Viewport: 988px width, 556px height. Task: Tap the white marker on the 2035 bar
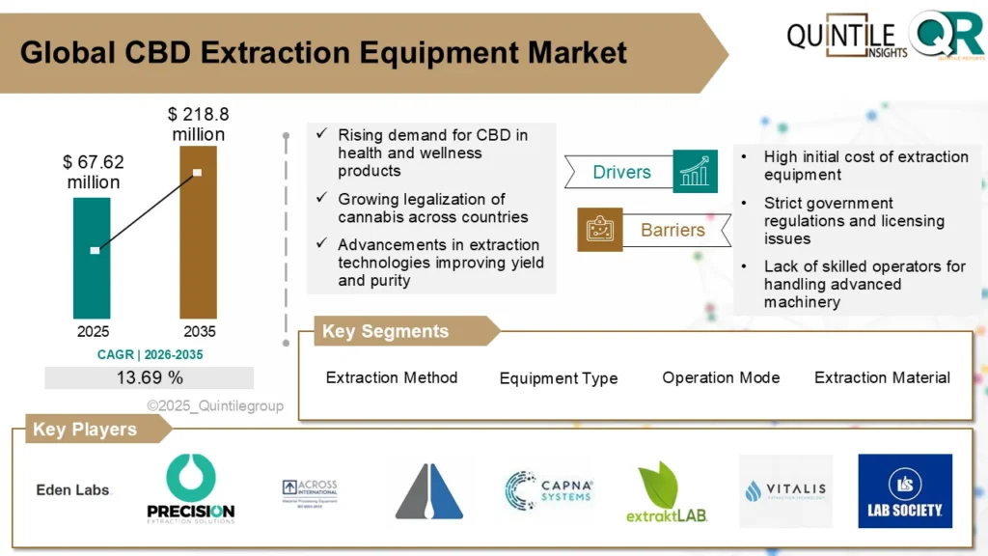(197, 173)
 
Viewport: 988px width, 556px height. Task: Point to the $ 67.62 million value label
(94, 172)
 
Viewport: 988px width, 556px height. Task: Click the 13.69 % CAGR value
(150, 377)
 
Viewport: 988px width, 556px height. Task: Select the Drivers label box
(619, 173)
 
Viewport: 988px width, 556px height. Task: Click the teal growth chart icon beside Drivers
(695, 172)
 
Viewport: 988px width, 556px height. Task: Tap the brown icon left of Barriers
(599, 230)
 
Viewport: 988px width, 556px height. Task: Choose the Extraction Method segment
(392, 377)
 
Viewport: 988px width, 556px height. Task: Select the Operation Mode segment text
(721, 377)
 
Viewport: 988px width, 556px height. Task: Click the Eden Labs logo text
(73, 489)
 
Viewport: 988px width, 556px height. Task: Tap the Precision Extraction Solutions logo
(191, 489)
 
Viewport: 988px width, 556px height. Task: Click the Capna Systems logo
(548, 489)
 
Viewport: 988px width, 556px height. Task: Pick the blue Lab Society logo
(904, 490)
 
